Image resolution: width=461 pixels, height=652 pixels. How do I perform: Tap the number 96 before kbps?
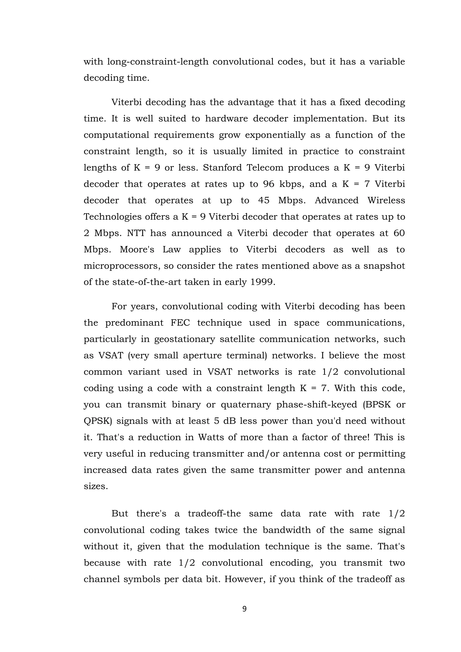[269, 184]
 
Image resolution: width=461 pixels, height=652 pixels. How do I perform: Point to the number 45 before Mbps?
[264, 200]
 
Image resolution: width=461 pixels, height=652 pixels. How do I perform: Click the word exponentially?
[275, 135]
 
